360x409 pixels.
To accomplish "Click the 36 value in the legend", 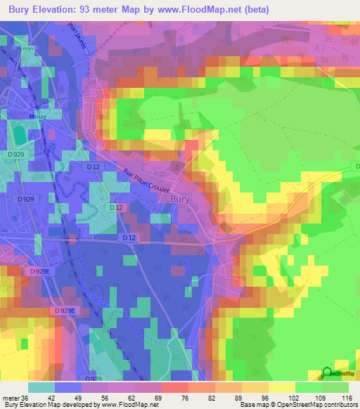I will pyautogui.click(x=25, y=397).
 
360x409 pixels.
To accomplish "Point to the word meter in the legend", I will pyautogui.click(x=10, y=397).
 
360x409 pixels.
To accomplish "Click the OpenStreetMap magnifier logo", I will pyautogui.click(x=327, y=373).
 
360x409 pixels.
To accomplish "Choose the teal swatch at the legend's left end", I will pyautogui.click(x=41, y=387).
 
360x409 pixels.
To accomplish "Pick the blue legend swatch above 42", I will pyautogui.click(x=68, y=387).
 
